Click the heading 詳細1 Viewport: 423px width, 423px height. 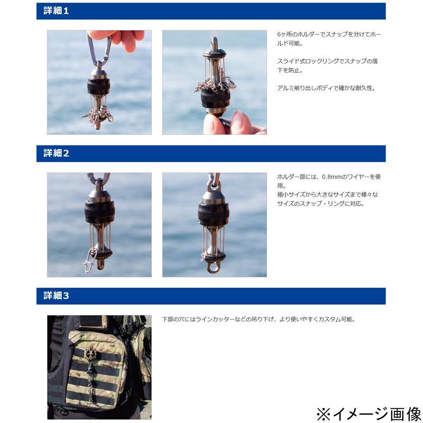click(56, 11)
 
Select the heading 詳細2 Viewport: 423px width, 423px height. click(56, 153)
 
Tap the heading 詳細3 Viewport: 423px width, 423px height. click(56, 296)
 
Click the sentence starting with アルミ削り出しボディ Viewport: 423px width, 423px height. click(326, 88)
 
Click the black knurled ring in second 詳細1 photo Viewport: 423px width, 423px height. click(215, 98)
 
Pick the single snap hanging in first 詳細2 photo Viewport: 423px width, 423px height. click(89, 260)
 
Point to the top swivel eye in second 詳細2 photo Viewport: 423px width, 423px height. click(214, 185)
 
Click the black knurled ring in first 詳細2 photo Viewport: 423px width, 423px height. click(99, 212)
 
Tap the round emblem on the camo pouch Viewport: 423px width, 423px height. click(89, 353)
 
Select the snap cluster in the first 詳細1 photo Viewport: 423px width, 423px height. click(97, 116)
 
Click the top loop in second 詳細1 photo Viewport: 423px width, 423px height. click(215, 43)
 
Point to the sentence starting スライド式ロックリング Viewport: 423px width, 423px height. click(327, 66)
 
